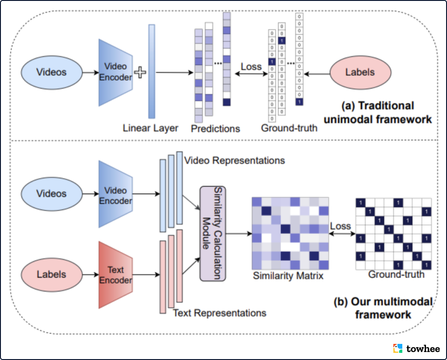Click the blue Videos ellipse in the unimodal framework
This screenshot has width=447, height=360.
click(x=52, y=72)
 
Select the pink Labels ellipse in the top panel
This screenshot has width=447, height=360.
click(x=360, y=72)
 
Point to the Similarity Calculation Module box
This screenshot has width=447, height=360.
click(x=212, y=233)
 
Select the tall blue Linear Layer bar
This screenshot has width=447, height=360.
click(x=152, y=72)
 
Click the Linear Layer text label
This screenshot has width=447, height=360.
click(x=151, y=128)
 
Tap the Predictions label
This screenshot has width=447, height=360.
click(x=215, y=129)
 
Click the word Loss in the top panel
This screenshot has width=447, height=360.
click(x=251, y=67)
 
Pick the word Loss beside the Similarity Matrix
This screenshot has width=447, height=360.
click(x=341, y=226)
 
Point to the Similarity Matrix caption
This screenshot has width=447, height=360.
click(x=288, y=276)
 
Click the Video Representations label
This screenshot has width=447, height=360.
click(x=235, y=160)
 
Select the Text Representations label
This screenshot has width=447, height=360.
click(x=219, y=313)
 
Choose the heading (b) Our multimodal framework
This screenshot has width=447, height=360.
click(x=383, y=308)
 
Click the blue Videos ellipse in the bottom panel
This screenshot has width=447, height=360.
click(x=52, y=194)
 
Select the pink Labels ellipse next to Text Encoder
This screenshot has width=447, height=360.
click(x=52, y=274)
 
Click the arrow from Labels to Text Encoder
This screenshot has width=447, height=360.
click(x=90, y=274)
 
